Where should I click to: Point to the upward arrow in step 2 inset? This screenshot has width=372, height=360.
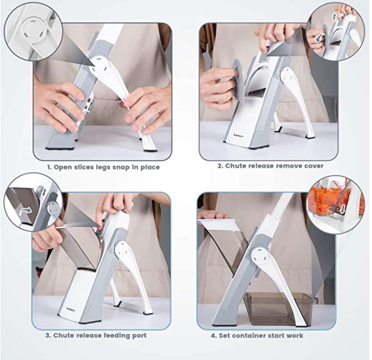(x=335, y=17)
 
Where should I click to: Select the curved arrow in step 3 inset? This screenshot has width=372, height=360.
(x=26, y=211)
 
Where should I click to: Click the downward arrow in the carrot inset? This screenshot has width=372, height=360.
(x=342, y=209)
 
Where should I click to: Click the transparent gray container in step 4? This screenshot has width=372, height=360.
(x=277, y=308)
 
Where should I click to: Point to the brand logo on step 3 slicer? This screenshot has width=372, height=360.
(x=70, y=309)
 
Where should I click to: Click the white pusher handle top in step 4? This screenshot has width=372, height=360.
(x=219, y=223)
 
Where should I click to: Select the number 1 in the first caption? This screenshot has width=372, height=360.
(x=49, y=167)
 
